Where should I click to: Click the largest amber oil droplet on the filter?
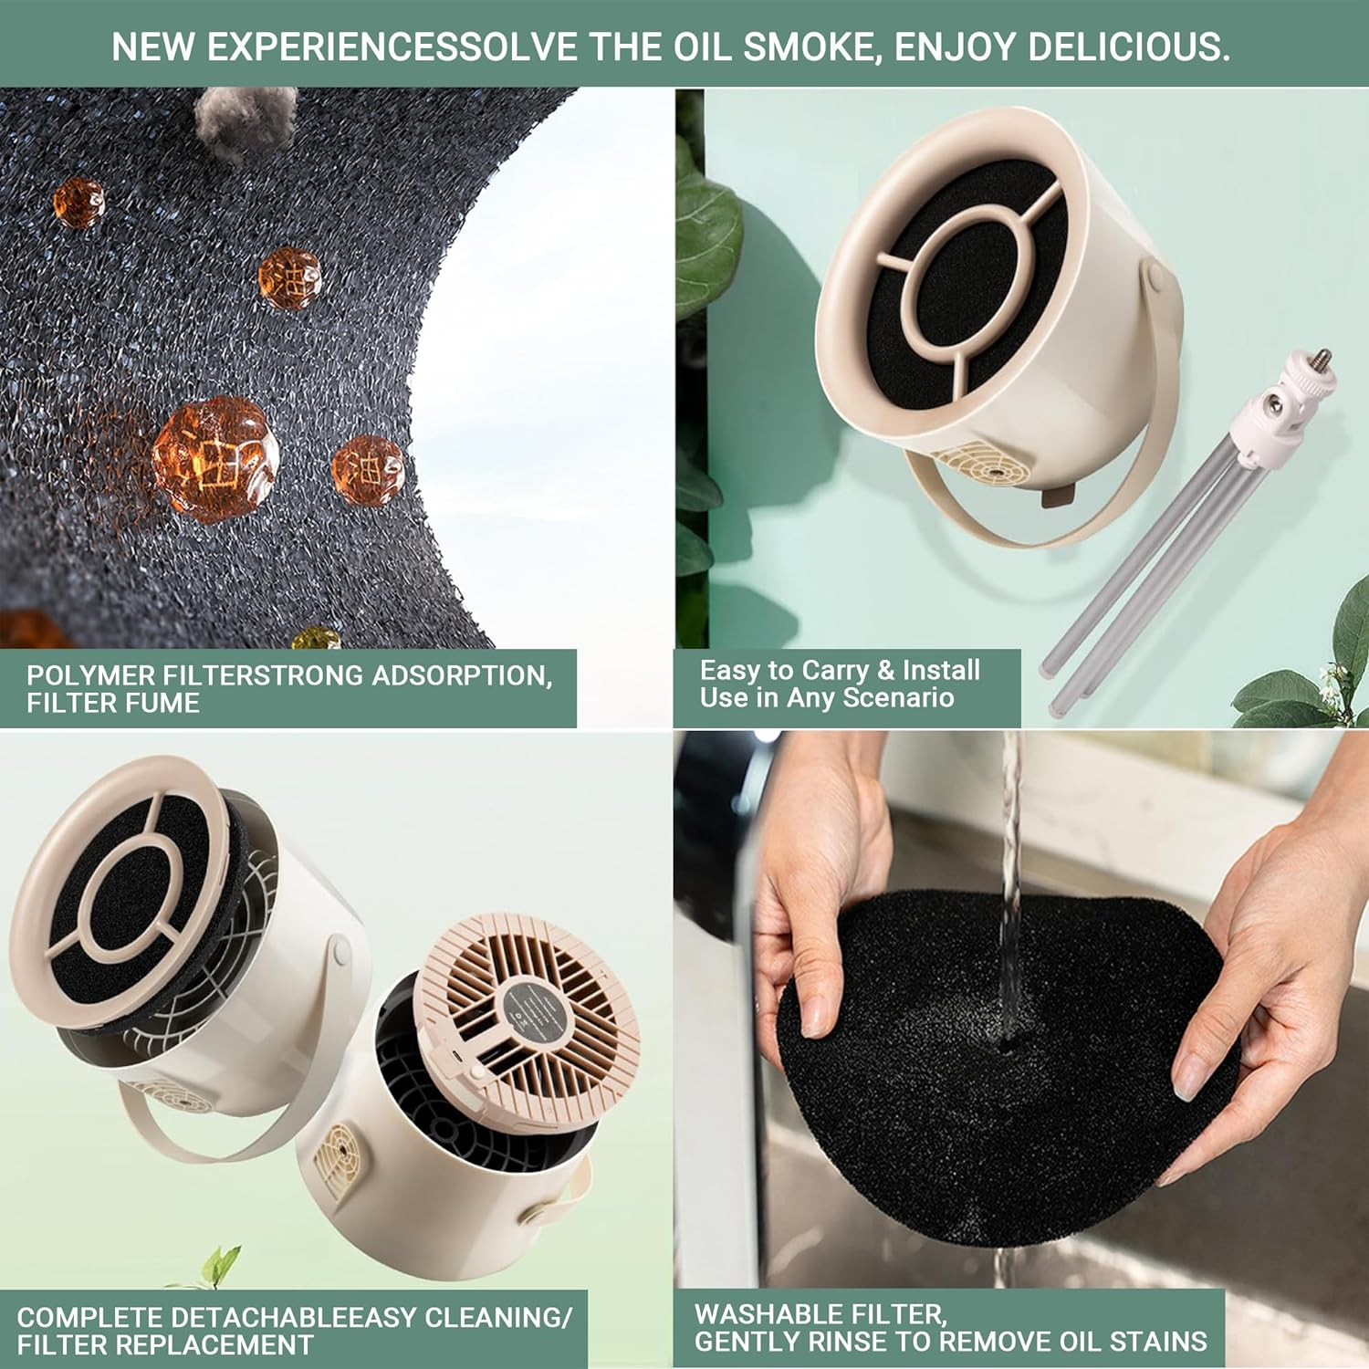(215, 458)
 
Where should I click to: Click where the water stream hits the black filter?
(1008, 1040)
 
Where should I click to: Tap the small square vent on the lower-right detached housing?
(337, 1155)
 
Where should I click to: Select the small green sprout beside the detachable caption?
(219, 1266)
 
